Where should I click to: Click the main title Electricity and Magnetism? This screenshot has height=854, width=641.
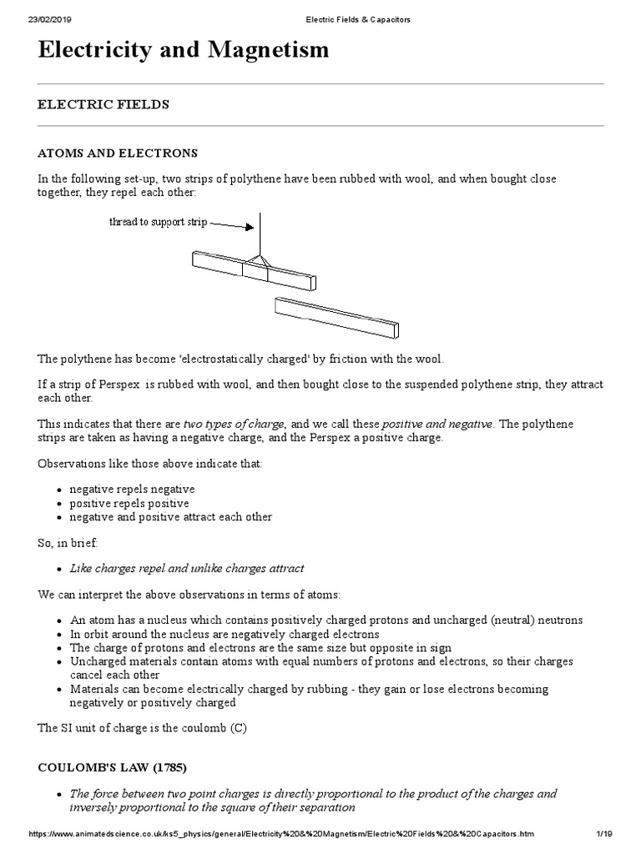click(x=184, y=50)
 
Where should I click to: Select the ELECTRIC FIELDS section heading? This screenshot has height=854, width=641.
click(x=103, y=104)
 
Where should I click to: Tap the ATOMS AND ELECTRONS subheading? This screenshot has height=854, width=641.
click(x=118, y=153)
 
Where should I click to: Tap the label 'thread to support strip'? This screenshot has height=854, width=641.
click(x=158, y=223)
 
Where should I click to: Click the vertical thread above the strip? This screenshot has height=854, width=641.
click(x=261, y=234)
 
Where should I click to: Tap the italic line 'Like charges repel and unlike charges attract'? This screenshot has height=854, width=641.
click(x=187, y=568)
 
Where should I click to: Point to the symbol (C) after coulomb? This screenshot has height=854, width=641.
click(x=240, y=728)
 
